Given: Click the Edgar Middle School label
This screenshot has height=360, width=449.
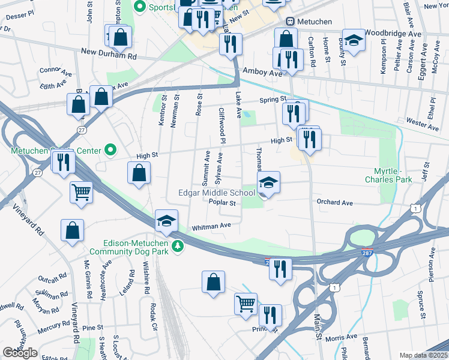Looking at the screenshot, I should point(216,193).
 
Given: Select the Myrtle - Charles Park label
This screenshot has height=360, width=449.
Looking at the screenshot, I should point(389,175).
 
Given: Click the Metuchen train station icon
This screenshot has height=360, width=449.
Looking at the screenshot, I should point(290,22).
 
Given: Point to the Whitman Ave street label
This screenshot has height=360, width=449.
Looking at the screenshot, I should point(211,226).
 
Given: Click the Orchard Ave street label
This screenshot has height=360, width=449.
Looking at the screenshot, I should point(334,203).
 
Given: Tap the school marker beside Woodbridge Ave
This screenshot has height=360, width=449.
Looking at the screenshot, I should point(354,40).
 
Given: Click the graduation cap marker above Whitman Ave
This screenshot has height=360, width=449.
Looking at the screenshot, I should point(166,221).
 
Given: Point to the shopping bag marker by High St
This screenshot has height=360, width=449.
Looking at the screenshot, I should point(139,174).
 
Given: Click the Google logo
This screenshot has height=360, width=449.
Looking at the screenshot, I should point(20,353).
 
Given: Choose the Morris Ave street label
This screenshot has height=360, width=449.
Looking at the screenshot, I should point(342,337).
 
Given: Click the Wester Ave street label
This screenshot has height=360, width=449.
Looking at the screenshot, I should point(422,123).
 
